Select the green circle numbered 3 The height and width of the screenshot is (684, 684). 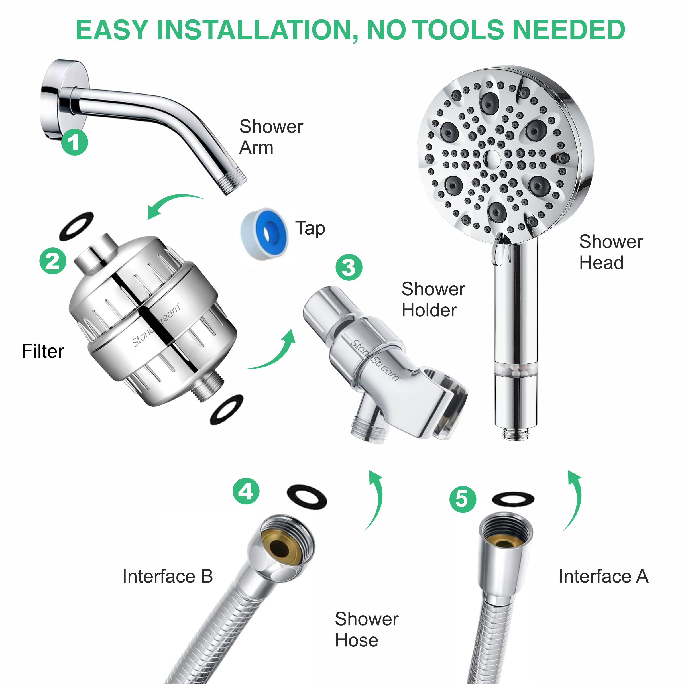tap(349, 267)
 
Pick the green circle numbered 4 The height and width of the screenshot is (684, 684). tap(246, 491)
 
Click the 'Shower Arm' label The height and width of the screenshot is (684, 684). tap(271, 137)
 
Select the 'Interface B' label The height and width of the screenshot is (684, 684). tap(168, 576)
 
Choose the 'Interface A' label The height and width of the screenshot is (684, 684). tap(603, 576)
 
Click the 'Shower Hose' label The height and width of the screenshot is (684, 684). tap(367, 629)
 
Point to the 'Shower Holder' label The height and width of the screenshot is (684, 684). tap(433, 300)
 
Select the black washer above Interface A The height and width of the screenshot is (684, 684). tap(513, 500)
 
